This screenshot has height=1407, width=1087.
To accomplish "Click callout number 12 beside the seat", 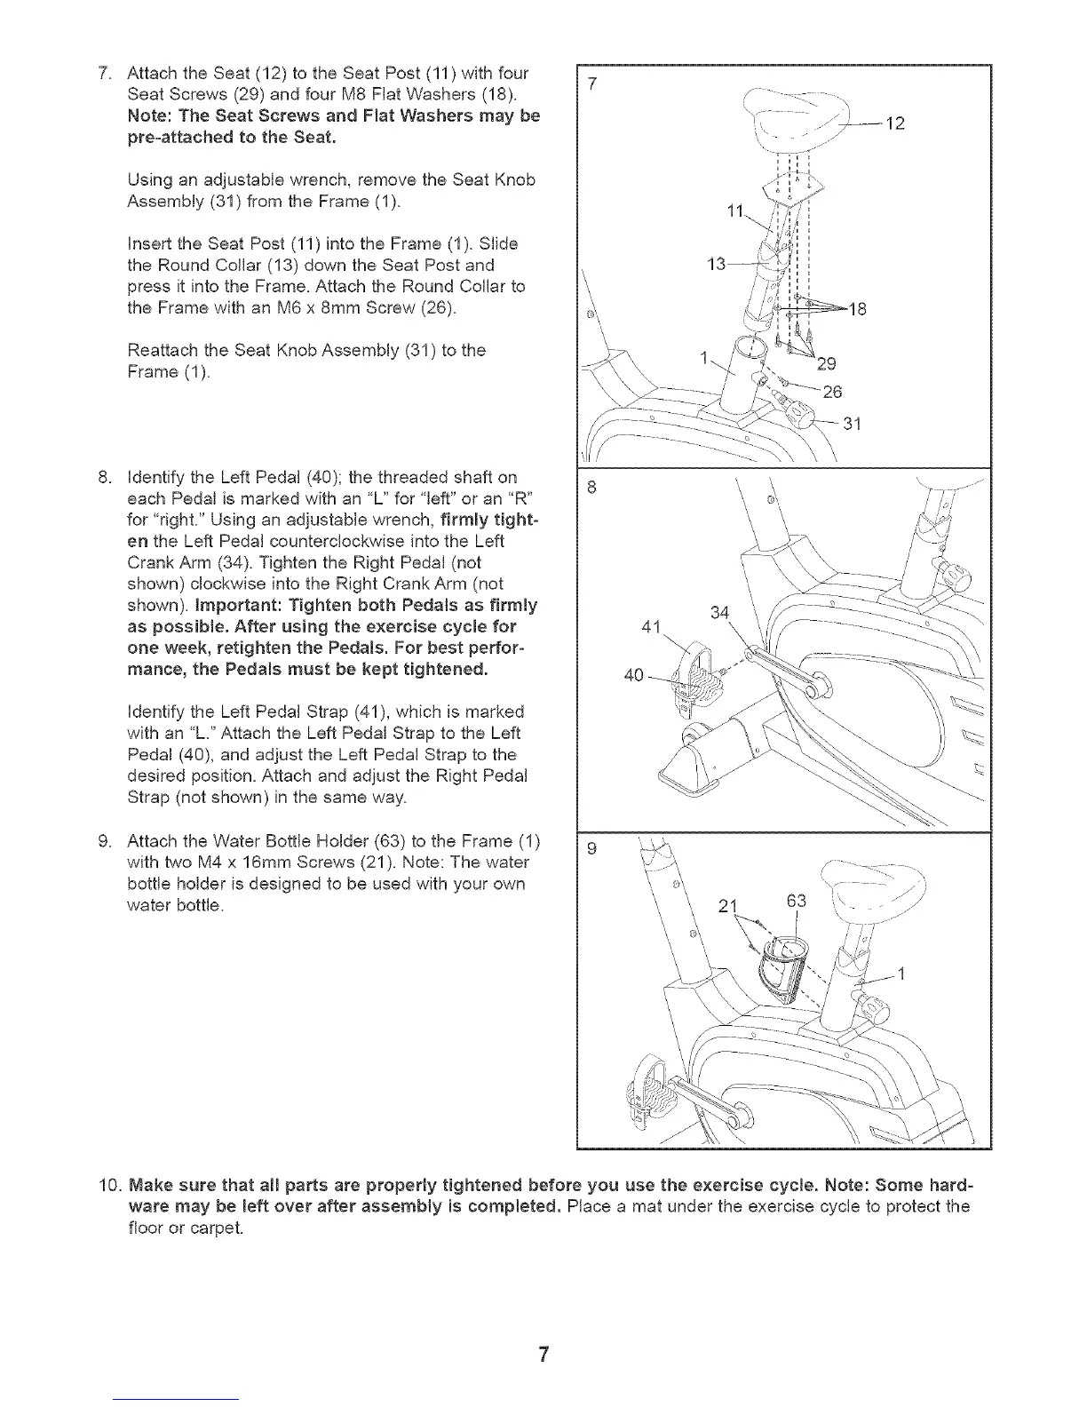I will point(895,123).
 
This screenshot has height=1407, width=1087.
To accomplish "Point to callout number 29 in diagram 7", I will point(827,362).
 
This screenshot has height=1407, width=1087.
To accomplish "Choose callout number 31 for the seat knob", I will point(852,424).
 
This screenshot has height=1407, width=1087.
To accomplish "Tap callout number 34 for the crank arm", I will point(721,612).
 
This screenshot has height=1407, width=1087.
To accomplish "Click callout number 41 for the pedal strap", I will point(651,627).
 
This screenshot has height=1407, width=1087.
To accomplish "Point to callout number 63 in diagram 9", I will point(797,901).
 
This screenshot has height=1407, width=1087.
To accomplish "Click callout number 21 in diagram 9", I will point(728,906).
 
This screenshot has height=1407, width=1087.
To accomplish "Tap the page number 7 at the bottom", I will point(543,1355).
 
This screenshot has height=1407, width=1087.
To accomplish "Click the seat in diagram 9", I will point(871,891).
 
